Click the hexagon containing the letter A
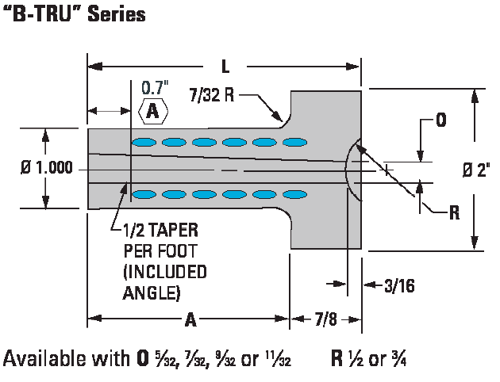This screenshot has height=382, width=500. point(152,112)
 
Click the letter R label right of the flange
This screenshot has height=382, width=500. point(454,212)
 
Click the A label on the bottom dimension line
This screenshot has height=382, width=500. point(190,320)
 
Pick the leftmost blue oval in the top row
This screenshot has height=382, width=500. point(144,143)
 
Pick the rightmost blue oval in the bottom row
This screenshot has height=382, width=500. point(294,194)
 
